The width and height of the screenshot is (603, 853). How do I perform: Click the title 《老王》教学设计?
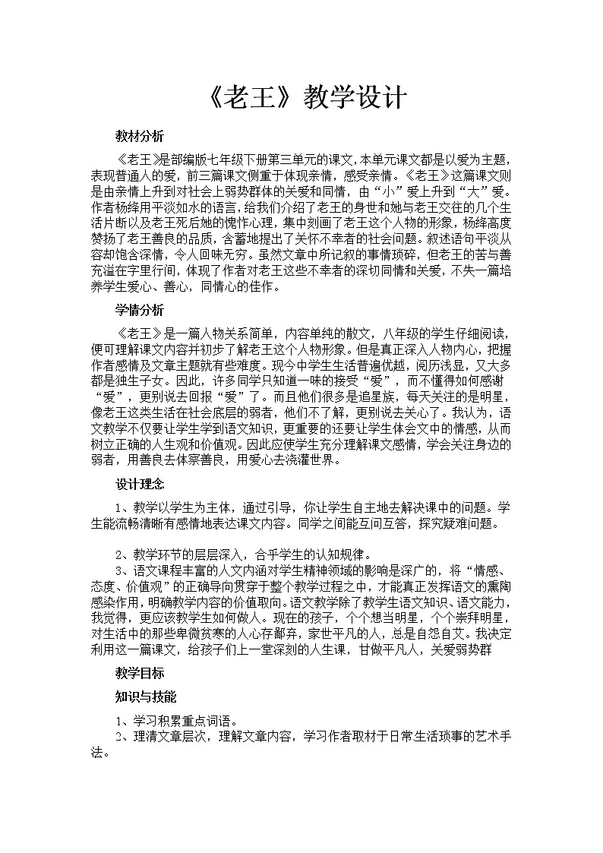301,98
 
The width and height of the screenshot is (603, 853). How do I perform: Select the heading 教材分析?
139,137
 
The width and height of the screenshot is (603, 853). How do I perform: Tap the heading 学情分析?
139,310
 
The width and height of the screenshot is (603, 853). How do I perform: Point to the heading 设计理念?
139,484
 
